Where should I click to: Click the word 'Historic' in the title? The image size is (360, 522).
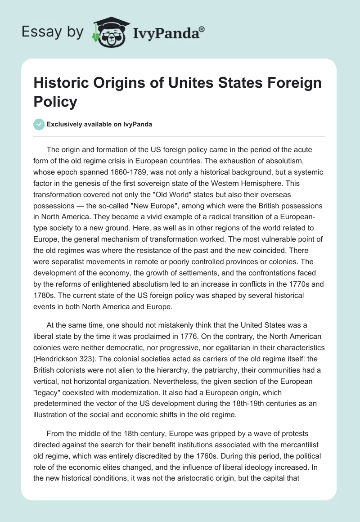tap(63, 83)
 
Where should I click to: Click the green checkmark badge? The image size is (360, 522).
tap(39, 124)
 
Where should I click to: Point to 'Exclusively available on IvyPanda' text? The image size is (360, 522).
tap(99, 124)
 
